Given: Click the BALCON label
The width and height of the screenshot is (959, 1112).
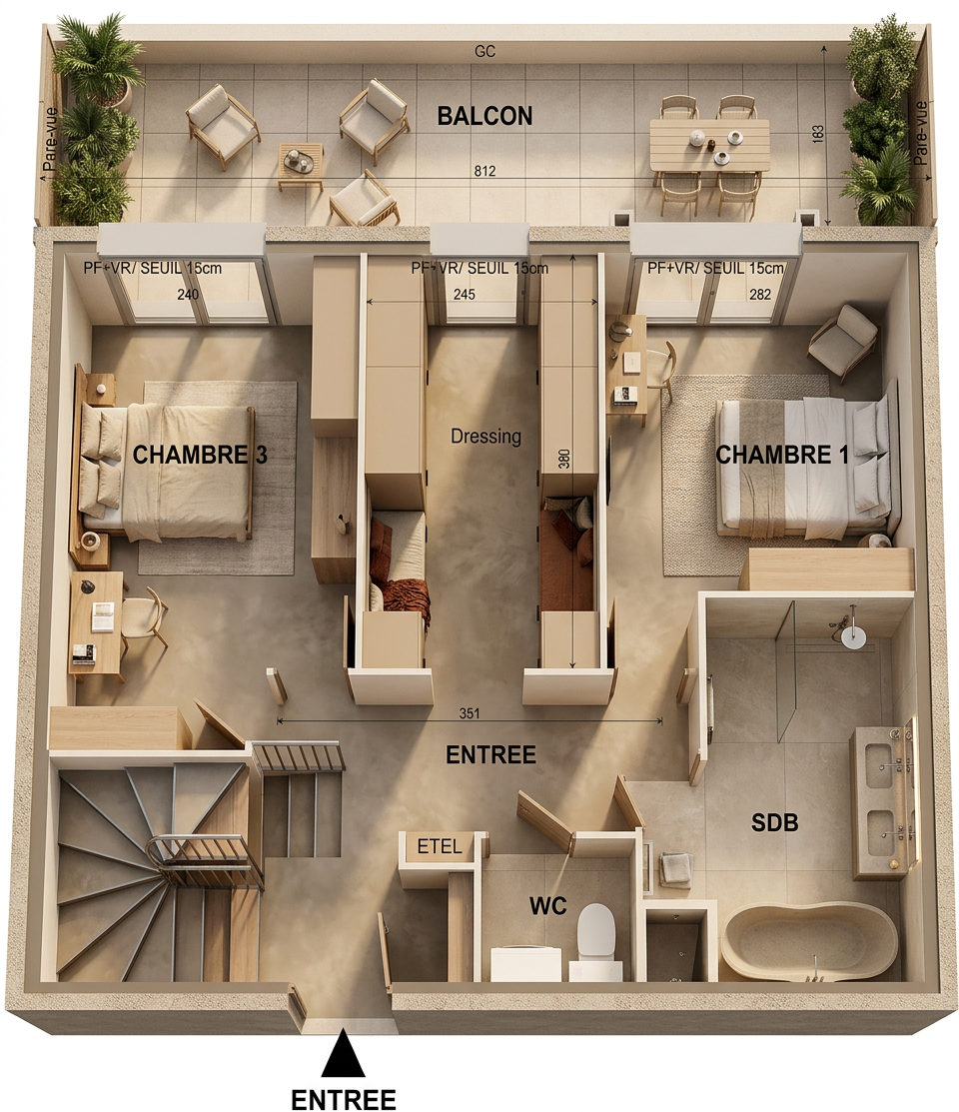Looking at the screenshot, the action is [x=484, y=116].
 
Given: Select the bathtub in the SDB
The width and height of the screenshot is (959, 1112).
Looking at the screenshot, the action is [x=809, y=942].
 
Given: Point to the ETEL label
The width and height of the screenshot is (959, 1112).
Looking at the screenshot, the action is [x=440, y=845].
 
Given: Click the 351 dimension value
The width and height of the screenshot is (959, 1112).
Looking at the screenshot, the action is [x=469, y=713].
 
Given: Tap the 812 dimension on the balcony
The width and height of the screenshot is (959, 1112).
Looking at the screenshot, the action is [x=485, y=171].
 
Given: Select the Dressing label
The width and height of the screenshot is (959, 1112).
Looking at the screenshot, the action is [x=485, y=436].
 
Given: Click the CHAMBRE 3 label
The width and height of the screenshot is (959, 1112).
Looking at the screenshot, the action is [x=200, y=455].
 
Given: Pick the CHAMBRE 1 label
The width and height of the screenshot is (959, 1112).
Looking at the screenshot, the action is [x=781, y=455].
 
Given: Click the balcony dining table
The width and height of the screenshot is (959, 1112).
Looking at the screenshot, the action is [x=709, y=145].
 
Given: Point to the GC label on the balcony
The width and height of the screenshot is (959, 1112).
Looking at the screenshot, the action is [x=485, y=51].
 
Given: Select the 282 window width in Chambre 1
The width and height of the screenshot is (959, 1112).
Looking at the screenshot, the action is [x=759, y=294].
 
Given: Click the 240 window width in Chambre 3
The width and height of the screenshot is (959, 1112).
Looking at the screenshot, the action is [x=187, y=294].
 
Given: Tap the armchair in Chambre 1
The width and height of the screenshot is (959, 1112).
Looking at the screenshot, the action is [x=843, y=341].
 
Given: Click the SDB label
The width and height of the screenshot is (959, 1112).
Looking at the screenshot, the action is [x=774, y=822].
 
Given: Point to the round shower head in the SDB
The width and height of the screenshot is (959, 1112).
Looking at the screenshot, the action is [x=853, y=636].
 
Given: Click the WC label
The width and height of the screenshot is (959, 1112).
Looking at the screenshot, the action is [x=547, y=905].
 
